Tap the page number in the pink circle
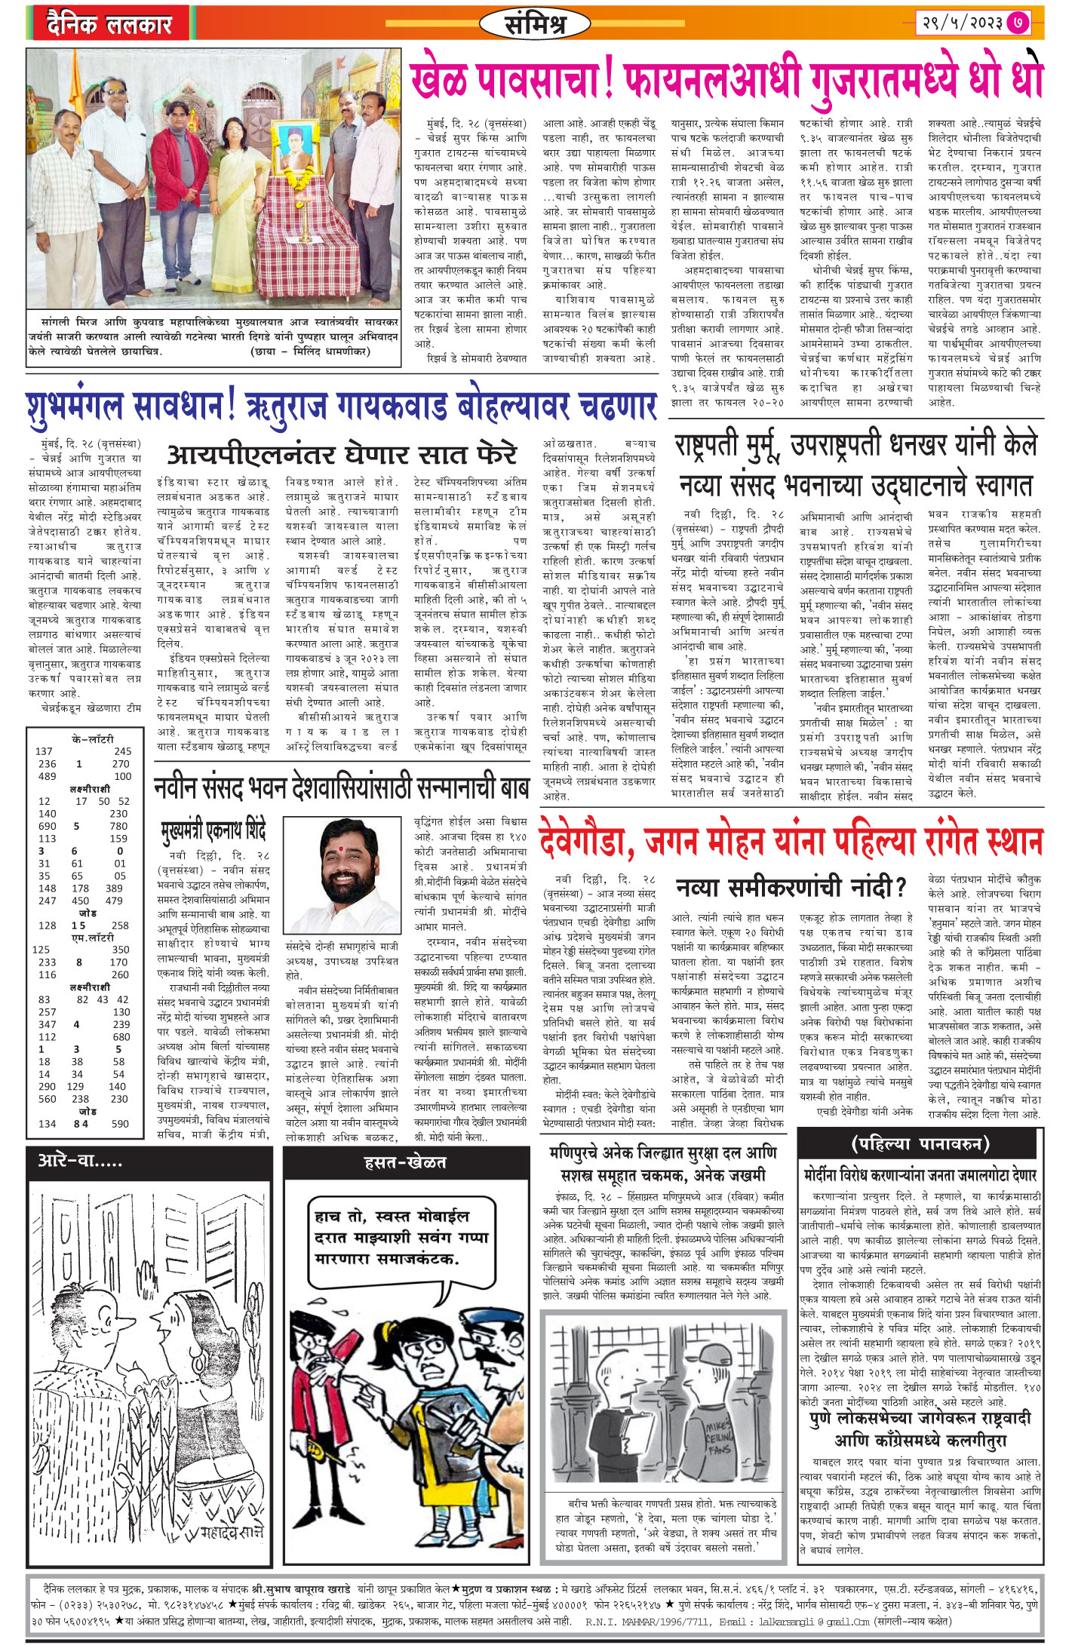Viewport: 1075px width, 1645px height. click(x=1018, y=23)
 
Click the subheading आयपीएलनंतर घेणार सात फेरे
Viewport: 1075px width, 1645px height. click(x=342, y=455)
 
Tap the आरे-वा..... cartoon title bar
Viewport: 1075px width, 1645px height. click(x=81, y=1162)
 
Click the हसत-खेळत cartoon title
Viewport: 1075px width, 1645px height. click(x=405, y=1163)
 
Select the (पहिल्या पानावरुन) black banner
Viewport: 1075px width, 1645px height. click(x=920, y=1144)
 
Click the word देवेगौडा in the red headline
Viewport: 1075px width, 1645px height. click(x=585, y=840)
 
